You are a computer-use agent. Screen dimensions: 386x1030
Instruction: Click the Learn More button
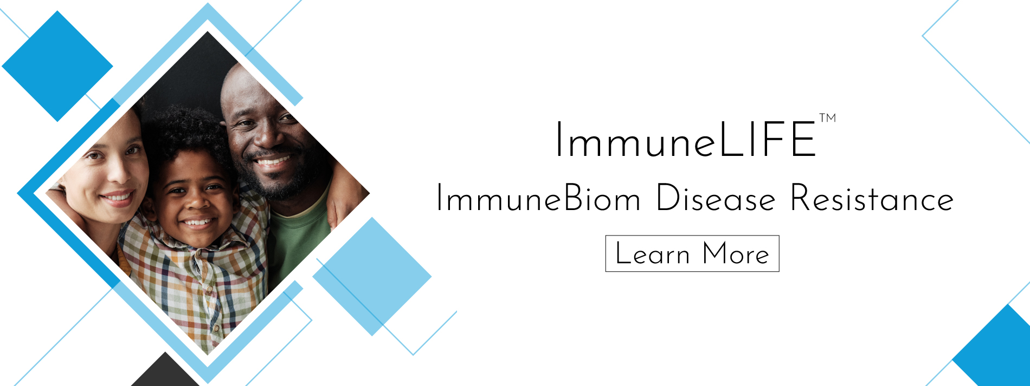(x=692, y=253)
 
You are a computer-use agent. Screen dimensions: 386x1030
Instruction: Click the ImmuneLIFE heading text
(x=685, y=140)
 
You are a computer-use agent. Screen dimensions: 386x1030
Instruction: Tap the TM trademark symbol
(x=827, y=117)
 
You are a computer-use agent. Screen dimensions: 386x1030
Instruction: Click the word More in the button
(x=736, y=253)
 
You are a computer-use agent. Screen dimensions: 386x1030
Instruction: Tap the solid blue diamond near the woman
(x=57, y=66)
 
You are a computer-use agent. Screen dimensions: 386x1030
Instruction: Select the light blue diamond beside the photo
(x=372, y=276)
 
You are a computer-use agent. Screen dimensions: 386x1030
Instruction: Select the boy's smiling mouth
(x=197, y=222)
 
